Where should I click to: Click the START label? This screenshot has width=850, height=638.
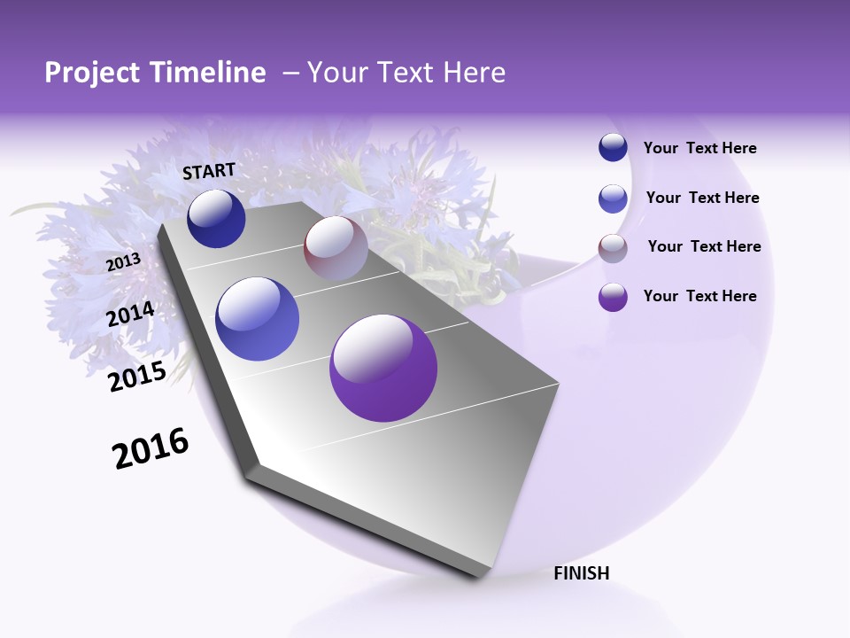pyautogui.click(x=209, y=171)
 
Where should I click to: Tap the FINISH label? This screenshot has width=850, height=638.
pyautogui.click(x=582, y=573)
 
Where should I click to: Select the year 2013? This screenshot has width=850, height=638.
pyautogui.click(x=123, y=262)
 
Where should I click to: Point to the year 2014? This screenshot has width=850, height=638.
pyautogui.click(x=131, y=315)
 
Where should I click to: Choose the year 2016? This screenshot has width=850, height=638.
pyautogui.click(x=151, y=448)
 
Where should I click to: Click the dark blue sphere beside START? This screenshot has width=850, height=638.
pyautogui.click(x=216, y=218)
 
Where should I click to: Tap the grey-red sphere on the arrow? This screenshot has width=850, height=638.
pyautogui.click(x=336, y=248)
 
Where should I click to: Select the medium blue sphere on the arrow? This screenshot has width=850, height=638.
pyautogui.click(x=258, y=319)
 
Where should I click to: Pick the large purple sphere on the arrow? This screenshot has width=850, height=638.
pyautogui.click(x=383, y=368)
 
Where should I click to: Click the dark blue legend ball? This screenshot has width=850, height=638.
pyautogui.click(x=613, y=148)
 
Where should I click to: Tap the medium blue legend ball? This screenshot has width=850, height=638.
pyautogui.click(x=613, y=198)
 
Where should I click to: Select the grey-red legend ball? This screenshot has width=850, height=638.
pyautogui.click(x=613, y=248)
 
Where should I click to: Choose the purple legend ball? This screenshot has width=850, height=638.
pyautogui.click(x=613, y=297)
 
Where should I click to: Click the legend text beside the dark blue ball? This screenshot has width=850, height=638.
pyautogui.click(x=699, y=149)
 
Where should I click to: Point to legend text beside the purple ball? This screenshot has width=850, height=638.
pyautogui.click(x=699, y=296)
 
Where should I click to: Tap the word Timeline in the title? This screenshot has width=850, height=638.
pyautogui.click(x=210, y=73)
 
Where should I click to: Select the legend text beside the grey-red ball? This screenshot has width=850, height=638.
pyautogui.click(x=704, y=246)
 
